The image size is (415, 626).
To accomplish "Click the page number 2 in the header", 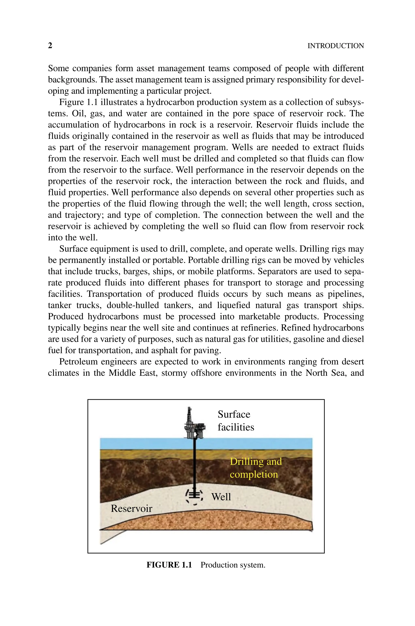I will click(x=50, y=46).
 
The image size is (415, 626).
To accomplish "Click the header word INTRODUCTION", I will click(x=335, y=46).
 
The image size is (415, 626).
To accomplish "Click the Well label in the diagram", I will click(x=221, y=497).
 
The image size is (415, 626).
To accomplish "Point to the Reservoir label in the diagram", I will click(x=131, y=508).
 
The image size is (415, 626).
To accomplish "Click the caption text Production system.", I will click(x=233, y=565).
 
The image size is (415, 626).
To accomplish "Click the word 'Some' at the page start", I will click(x=58, y=68).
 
